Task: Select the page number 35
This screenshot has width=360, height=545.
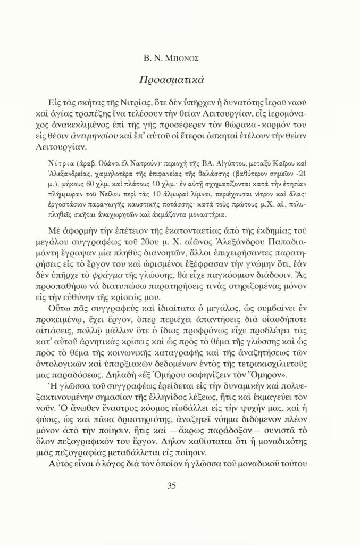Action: [172, 485]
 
